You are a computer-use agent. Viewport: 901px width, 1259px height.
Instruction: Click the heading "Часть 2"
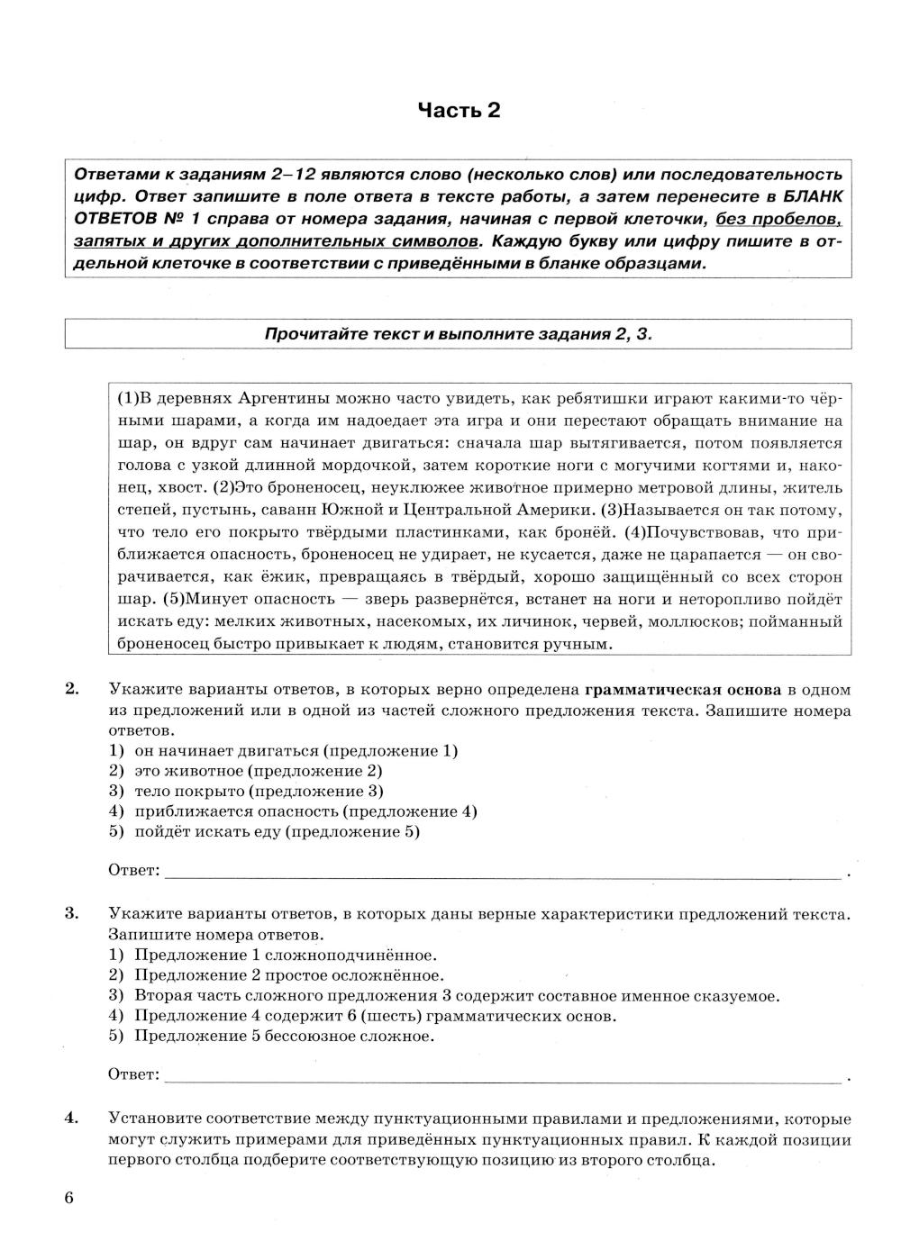coord(459,111)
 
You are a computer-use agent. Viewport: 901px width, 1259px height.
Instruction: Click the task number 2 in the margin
coord(71,690)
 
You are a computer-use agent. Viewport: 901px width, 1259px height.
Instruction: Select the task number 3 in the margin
coord(71,914)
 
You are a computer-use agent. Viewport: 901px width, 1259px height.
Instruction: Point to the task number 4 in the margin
coord(71,1119)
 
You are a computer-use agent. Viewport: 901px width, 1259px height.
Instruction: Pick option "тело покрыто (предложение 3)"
coord(259,791)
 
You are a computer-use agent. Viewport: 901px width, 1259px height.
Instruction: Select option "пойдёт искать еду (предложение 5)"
coord(277,831)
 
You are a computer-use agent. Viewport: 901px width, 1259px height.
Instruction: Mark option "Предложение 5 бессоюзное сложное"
coord(284,1036)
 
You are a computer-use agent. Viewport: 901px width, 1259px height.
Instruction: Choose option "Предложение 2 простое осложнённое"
coord(288,975)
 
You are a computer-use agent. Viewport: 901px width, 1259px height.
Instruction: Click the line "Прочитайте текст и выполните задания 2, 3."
coord(458,334)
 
